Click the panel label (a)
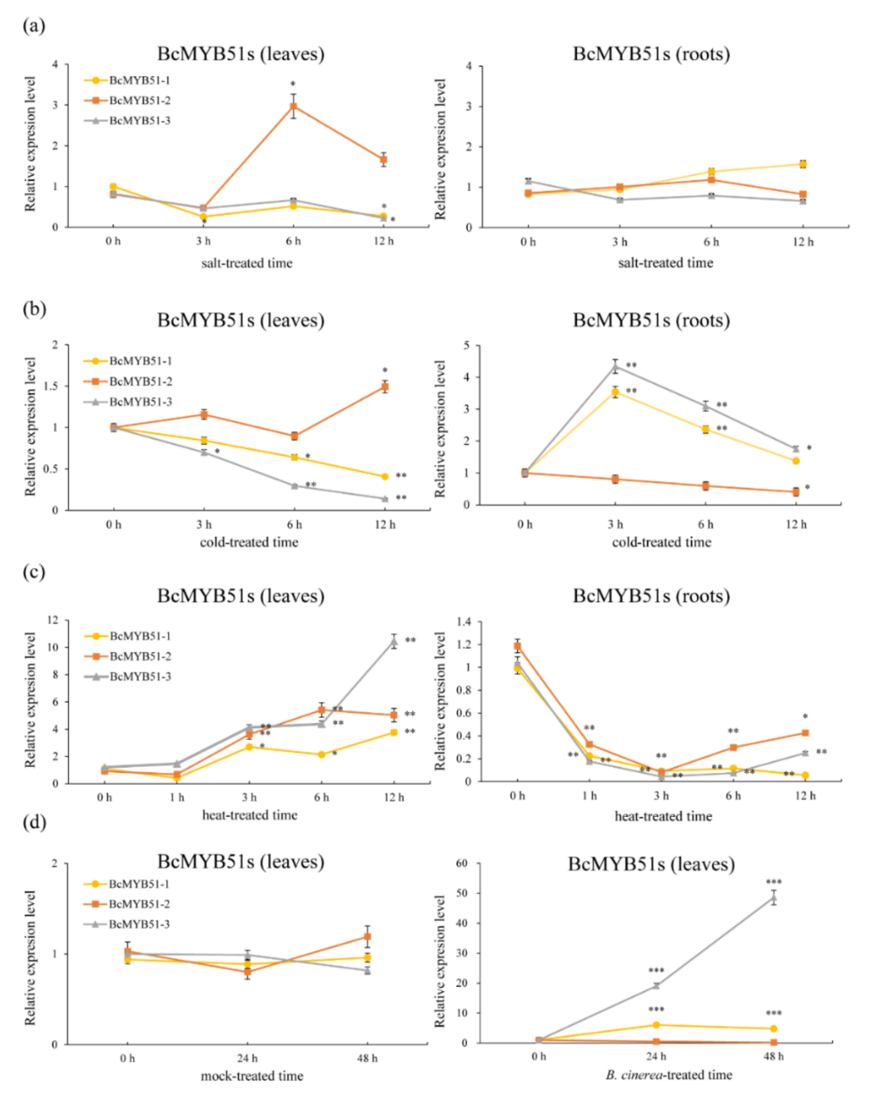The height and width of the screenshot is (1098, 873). click(33, 26)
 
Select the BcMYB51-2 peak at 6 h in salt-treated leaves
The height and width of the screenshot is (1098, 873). click(293, 107)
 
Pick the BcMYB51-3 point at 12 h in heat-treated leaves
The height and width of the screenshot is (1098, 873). click(394, 642)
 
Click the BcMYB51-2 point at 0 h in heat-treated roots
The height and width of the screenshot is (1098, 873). click(517, 646)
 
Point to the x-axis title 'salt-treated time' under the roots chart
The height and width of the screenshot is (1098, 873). click(665, 263)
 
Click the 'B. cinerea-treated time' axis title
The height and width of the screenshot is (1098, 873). click(669, 1075)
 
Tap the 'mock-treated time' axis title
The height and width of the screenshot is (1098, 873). click(252, 1076)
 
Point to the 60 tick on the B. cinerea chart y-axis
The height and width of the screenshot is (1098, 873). click(462, 863)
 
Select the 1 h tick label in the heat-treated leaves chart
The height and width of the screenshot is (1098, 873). click(177, 797)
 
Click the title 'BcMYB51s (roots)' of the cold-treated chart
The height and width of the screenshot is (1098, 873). click(651, 320)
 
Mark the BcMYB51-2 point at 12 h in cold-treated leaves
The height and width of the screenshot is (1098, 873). click(385, 387)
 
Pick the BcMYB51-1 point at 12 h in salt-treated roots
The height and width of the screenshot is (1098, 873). click(803, 164)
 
